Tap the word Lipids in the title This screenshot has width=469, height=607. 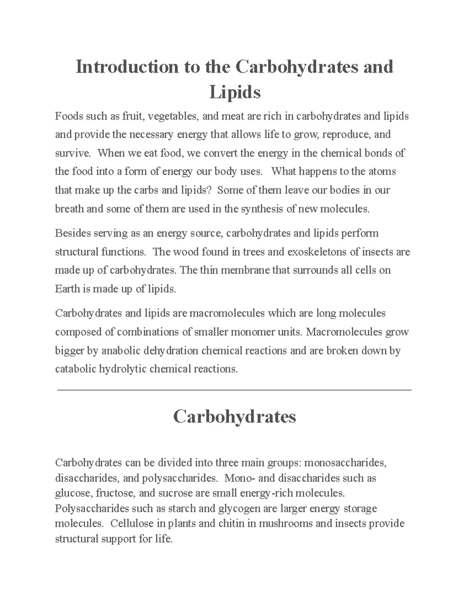235,93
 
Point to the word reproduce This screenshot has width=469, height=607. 345,135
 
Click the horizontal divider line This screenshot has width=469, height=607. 234,390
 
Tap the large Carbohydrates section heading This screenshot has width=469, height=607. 234,417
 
